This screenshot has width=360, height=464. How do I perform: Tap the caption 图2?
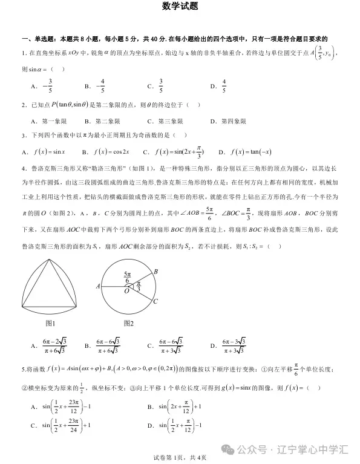point(128,324)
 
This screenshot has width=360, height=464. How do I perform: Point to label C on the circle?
point(155,301)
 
